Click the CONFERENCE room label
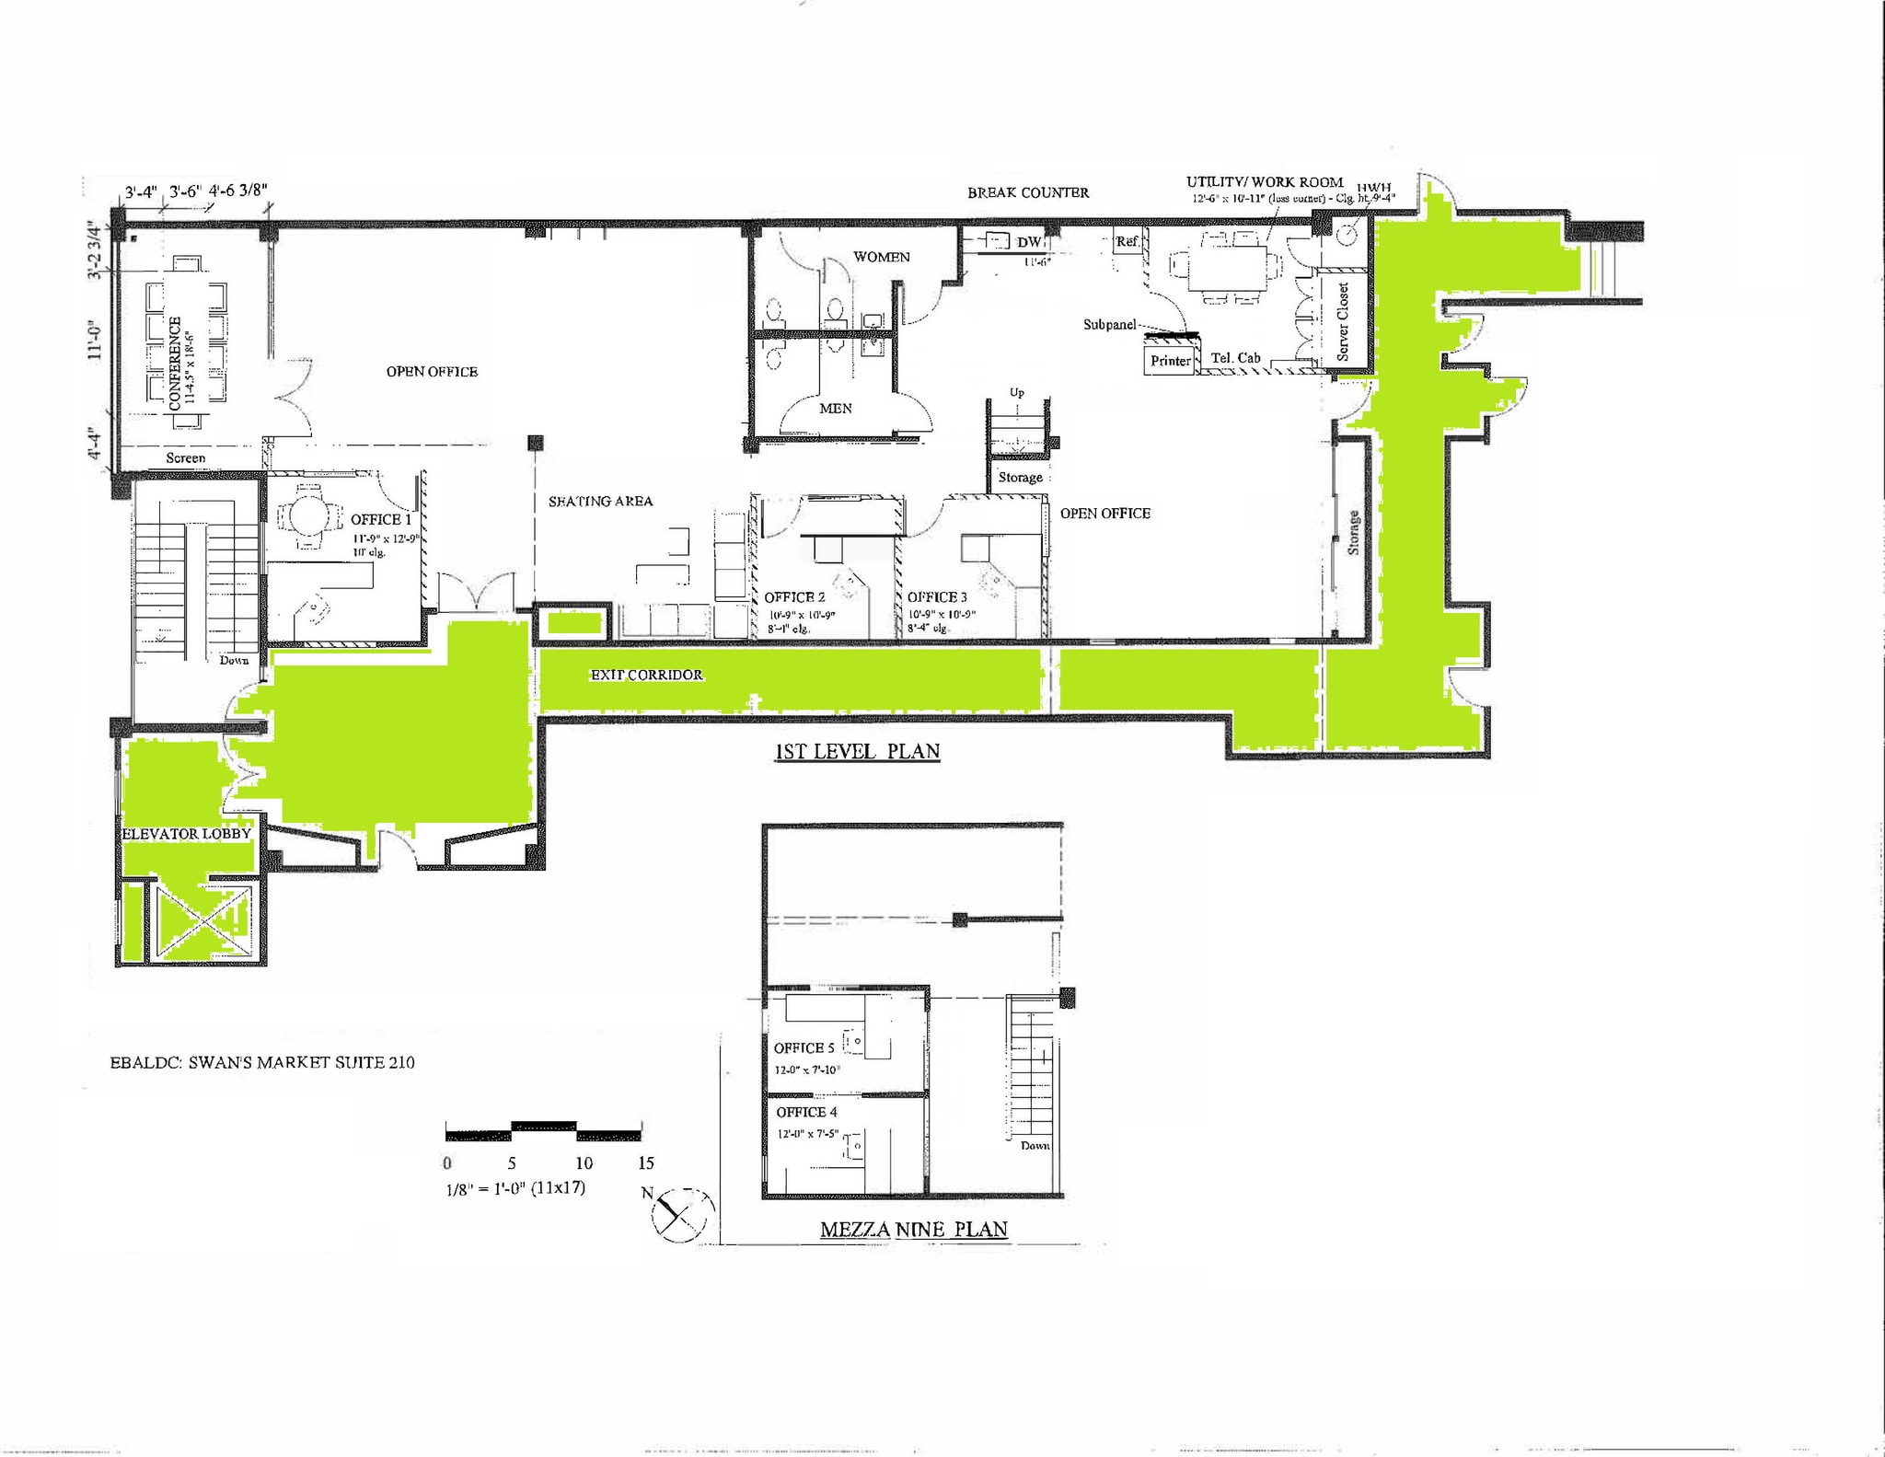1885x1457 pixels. click(x=175, y=363)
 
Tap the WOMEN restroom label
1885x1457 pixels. click(x=881, y=257)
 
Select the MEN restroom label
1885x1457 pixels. click(x=835, y=408)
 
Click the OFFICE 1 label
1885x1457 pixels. click(x=380, y=519)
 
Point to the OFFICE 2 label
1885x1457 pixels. click(x=793, y=597)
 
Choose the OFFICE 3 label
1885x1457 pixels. click(x=936, y=597)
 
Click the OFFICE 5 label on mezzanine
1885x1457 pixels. click(x=804, y=1047)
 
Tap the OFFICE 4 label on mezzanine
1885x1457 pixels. click(x=805, y=1112)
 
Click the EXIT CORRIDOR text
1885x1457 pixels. click(x=646, y=675)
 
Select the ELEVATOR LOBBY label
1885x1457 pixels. click(x=186, y=834)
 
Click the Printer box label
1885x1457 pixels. click(x=1170, y=361)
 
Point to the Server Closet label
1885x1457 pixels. click(x=1343, y=321)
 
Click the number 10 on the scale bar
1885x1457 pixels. click(x=584, y=1162)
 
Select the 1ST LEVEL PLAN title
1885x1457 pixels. click(x=857, y=751)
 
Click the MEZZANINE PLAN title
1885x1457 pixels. click(x=913, y=1229)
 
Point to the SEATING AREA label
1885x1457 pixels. click(x=600, y=502)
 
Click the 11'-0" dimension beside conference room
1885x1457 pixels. click(x=96, y=338)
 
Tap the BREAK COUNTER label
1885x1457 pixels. click(x=1027, y=192)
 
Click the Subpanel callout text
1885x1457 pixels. click(x=1109, y=325)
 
